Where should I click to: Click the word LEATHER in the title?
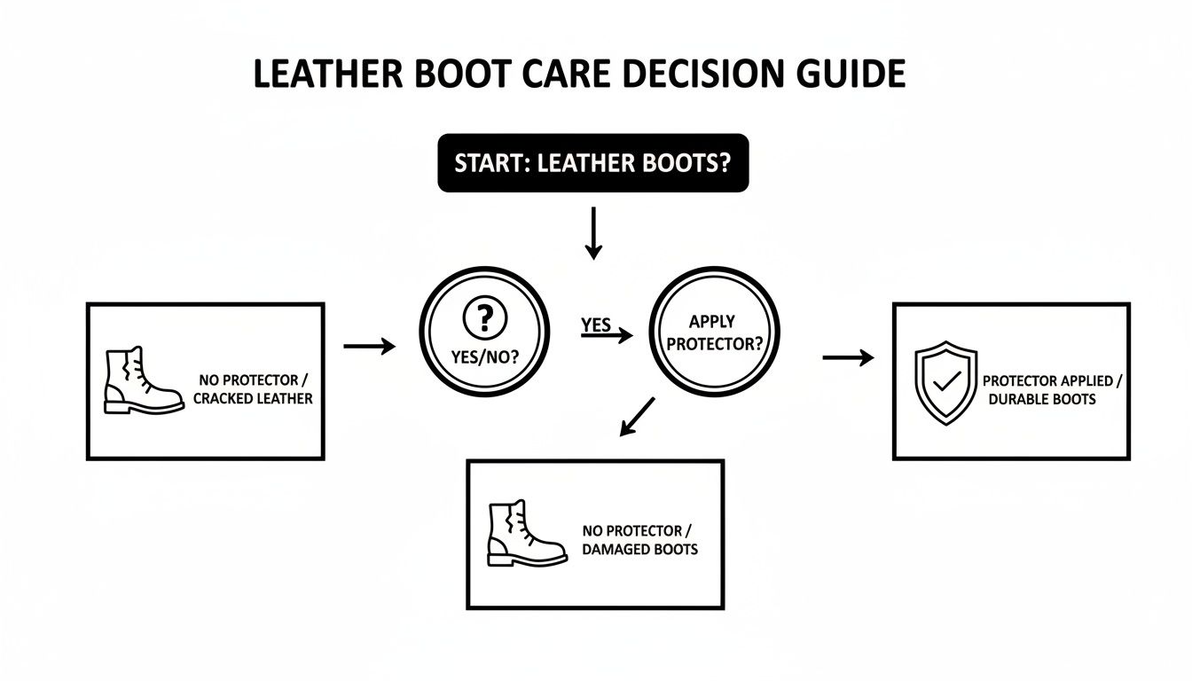328,74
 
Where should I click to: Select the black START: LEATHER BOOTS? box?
592,163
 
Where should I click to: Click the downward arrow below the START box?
593,234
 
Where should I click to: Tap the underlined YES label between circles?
596,325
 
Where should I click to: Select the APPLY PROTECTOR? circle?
714,331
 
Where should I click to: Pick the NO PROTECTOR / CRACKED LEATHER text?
253,390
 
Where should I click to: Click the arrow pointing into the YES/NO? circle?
369,347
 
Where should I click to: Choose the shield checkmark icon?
942,381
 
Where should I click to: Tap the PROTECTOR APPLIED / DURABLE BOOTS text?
1052,390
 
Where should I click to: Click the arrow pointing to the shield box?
848,357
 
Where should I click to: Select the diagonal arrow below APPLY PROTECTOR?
637,416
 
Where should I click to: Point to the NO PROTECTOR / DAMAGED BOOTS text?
639,540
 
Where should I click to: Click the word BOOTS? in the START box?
690,163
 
